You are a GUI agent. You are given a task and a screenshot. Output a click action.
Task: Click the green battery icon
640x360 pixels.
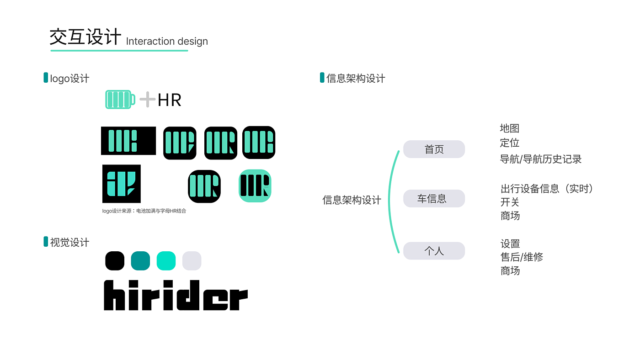[120, 99]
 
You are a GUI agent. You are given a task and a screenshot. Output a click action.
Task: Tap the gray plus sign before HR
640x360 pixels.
[147, 99]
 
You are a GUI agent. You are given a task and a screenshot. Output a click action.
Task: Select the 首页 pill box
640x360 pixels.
[434, 149]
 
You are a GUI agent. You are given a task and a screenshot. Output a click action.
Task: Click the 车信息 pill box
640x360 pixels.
[434, 199]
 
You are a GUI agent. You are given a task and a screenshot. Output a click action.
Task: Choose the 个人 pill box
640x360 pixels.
[434, 251]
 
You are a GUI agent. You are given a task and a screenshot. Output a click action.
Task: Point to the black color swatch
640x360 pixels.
[115, 260]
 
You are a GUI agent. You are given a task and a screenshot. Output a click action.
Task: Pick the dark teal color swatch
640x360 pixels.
[140, 260]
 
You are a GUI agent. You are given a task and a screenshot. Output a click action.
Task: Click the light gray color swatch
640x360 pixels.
[192, 260]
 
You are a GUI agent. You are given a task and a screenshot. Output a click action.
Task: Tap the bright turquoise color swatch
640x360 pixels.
[166, 260]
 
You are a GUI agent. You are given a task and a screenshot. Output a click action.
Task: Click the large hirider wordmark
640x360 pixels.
[176, 296]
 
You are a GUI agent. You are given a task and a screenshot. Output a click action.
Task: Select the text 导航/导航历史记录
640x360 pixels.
[541, 159]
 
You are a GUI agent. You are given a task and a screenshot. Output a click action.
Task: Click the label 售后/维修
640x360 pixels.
[522, 257]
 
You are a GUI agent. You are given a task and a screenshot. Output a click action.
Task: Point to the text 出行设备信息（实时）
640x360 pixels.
[547, 189]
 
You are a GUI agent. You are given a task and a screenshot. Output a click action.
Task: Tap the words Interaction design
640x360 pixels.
[167, 42]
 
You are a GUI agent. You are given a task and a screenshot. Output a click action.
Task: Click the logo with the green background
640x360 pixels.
[255, 186]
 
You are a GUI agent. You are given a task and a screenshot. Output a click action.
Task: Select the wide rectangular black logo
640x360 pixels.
[128, 141]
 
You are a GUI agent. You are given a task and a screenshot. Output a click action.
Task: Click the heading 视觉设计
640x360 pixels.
[69, 242]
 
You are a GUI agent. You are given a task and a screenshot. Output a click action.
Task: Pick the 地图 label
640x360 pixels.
[510, 128]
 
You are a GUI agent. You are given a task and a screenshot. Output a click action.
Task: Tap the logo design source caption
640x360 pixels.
[144, 211]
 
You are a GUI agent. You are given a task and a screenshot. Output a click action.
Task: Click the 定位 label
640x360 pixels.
[510, 143]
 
